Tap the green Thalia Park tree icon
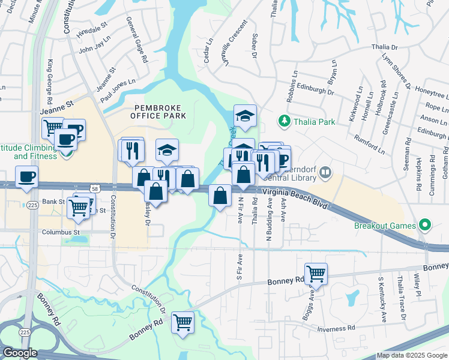[x=285, y=121]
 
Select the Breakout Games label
[x=384, y=226]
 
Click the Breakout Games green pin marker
[x=426, y=226]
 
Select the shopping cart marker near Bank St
[x=79, y=206]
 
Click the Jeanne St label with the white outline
[x=56, y=107]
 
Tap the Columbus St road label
[x=61, y=232]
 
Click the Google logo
[x=20, y=353]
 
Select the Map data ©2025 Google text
[x=411, y=355]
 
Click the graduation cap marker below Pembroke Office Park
[x=167, y=149]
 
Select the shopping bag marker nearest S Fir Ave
[x=220, y=195]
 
